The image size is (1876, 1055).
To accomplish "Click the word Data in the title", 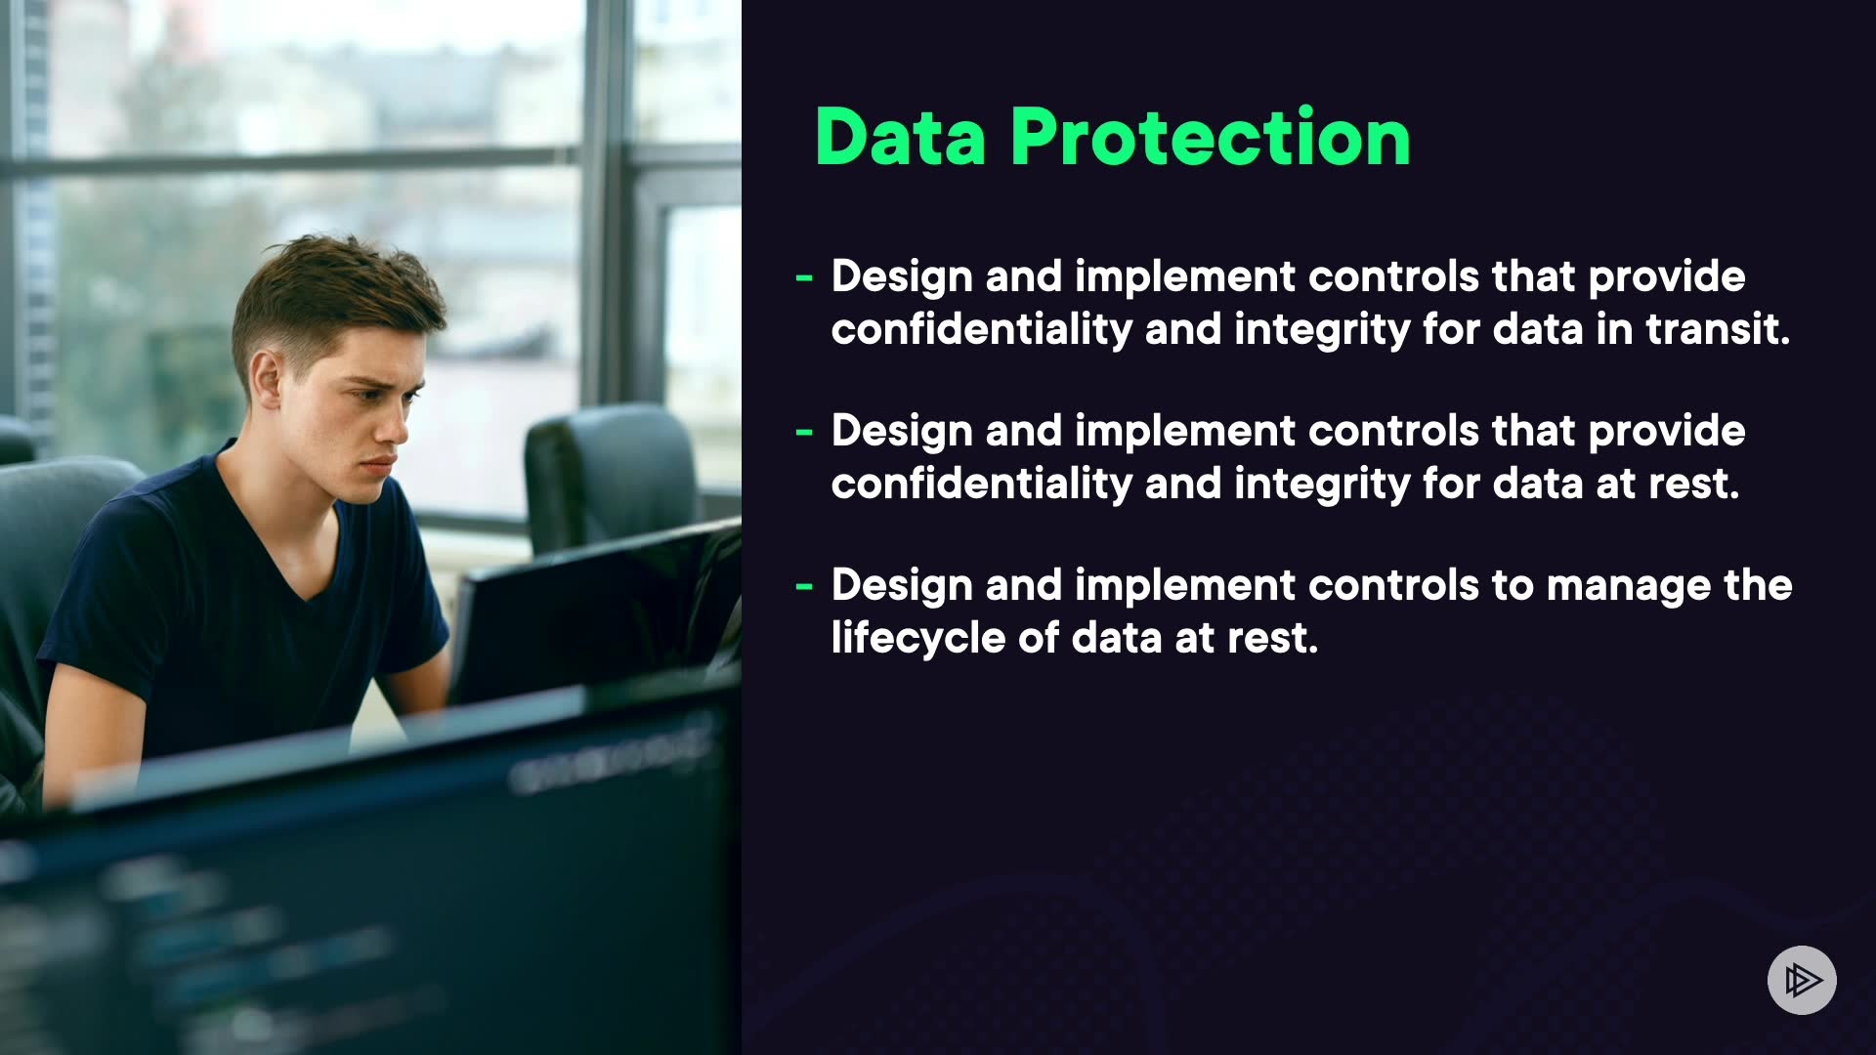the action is click(900, 137).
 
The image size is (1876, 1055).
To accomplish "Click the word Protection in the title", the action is click(1211, 137).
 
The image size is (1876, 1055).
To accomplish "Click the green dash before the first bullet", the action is click(804, 278).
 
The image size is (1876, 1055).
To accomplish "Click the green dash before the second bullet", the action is click(804, 433).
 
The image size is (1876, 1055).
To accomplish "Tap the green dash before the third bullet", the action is click(804, 587).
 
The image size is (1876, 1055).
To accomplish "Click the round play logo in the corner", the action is click(1802, 980).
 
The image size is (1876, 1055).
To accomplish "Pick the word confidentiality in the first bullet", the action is click(981, 330).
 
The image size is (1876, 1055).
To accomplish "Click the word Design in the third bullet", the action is click(902, 586).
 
